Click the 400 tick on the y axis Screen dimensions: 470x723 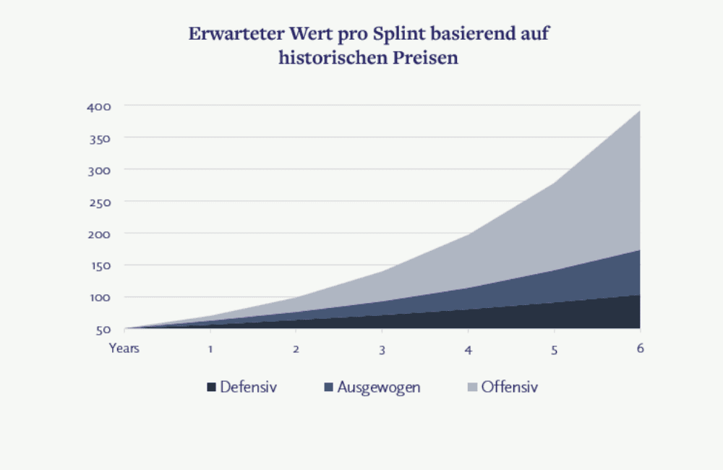point(99,106)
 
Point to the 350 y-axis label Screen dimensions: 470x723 point(99,138)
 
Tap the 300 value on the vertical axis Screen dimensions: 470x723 point(99,170)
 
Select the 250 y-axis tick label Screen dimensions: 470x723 point(99,202)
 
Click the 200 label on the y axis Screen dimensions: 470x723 point(99,234)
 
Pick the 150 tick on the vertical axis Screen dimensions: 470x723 point(99,265)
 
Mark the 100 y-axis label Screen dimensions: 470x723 point(99,297)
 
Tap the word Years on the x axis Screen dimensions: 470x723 point(124,348)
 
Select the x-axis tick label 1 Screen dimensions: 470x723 point(210,349)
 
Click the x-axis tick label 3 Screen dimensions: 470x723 point(382,349)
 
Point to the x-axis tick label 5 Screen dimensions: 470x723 point(555,349)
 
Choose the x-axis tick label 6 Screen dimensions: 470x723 point(641,348)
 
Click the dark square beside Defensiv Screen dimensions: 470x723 point(211,388)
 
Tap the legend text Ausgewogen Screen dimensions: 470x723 point(379,388)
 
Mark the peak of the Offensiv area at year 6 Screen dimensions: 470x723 point(640,111)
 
